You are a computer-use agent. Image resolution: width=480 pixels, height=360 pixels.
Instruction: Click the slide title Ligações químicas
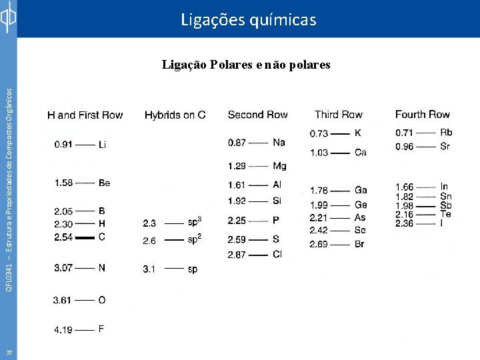(249, 20)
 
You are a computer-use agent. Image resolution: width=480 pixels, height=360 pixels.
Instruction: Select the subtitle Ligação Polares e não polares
(246, 65)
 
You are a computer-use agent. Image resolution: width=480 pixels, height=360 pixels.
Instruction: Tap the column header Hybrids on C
(175, 115)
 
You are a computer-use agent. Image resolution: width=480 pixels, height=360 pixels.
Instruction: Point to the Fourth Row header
(422, 115)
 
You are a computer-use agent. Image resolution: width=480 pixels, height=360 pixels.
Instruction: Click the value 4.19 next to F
(63, 329)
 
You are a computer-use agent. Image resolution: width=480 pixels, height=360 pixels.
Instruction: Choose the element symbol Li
(102, 145)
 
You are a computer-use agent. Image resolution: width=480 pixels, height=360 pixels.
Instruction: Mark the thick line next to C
(85, 237)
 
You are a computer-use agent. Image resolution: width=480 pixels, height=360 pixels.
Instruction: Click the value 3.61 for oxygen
(62, 301)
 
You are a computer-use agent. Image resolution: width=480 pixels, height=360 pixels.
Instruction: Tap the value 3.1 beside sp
(150, 269)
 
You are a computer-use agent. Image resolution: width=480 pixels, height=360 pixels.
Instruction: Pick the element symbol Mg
(280, 166)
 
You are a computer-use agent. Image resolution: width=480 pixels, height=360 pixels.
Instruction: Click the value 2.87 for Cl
(237, 255)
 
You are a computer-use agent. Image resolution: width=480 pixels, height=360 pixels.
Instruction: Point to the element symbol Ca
(361, 153)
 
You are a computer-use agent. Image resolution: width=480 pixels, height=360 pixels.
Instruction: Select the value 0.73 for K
(319, 134)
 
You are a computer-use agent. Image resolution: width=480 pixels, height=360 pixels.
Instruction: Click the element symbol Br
(360, 245)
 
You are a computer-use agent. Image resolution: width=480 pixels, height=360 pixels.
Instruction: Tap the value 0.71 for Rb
(404, 133)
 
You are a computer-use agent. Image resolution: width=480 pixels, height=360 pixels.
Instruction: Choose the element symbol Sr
(445, 147)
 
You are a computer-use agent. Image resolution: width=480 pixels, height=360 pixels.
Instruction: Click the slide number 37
(9, 351)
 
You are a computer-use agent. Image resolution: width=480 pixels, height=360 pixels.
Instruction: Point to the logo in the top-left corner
(8, 18)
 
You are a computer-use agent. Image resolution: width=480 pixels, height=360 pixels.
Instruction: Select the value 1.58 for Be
(63, 183)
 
